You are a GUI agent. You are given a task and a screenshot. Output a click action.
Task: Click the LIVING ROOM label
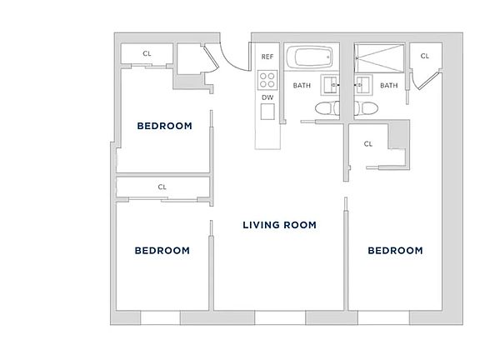pyautogui.click(x=280, y=225)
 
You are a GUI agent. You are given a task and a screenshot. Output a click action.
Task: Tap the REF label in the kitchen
pyautogui.click(x=267, y=57)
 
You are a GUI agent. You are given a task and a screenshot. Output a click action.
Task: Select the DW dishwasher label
pyautogui.click(x=267, y=97)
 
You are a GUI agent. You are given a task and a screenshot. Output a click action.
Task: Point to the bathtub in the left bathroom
pyautogui.click(x=311, y=59)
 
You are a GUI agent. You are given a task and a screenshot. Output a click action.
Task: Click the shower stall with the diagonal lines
pyautogui.click(x=380, y=58)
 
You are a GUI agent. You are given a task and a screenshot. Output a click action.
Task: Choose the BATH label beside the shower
pyautogui.click(x=389, y=85)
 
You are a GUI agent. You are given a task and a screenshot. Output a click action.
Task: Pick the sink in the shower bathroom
pyautogui.click(x=362, y=83)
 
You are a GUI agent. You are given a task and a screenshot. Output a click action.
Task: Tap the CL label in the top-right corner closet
pyautogui.click(x=424, y=56)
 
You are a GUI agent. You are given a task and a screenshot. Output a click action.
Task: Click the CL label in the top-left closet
pyautogui.click(x=147, y=54)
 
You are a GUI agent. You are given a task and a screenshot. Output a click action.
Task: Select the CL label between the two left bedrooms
pyautogui.click(x=162, y=187)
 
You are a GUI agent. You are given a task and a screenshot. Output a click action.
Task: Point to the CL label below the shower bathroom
pyautogui.click(x=368, y=144)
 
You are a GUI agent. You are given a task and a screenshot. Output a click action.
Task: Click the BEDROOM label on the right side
pyautogui.click(x=395, y=250)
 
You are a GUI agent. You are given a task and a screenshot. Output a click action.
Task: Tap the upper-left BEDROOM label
pyautogui.click(x=164, y=127)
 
